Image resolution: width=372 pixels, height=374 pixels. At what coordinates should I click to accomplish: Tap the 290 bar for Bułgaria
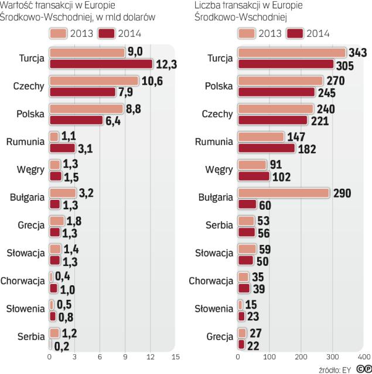tap(284, 193)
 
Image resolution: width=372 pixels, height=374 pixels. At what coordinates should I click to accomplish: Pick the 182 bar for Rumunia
tap(266, 148)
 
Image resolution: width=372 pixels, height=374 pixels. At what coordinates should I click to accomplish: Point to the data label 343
tap(357, 53)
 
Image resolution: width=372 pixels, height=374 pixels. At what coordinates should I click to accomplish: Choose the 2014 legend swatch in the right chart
tap(296, 33)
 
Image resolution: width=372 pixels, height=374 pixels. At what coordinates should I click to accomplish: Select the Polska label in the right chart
tap(220, 86)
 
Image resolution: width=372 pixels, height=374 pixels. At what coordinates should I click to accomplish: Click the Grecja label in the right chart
tap(220, 337)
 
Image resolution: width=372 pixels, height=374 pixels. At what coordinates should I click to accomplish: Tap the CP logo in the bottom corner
tap(361, 368)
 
